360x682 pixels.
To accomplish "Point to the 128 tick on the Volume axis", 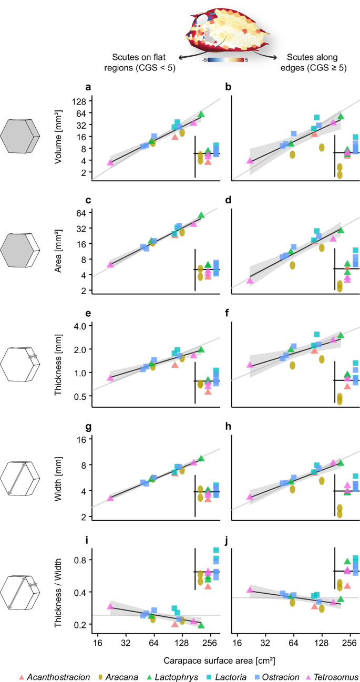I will click(x=80, y=101).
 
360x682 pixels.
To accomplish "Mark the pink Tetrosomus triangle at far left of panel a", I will click(x=110, y=162).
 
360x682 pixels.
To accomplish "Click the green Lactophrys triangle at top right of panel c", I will click(x=201, y=215).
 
